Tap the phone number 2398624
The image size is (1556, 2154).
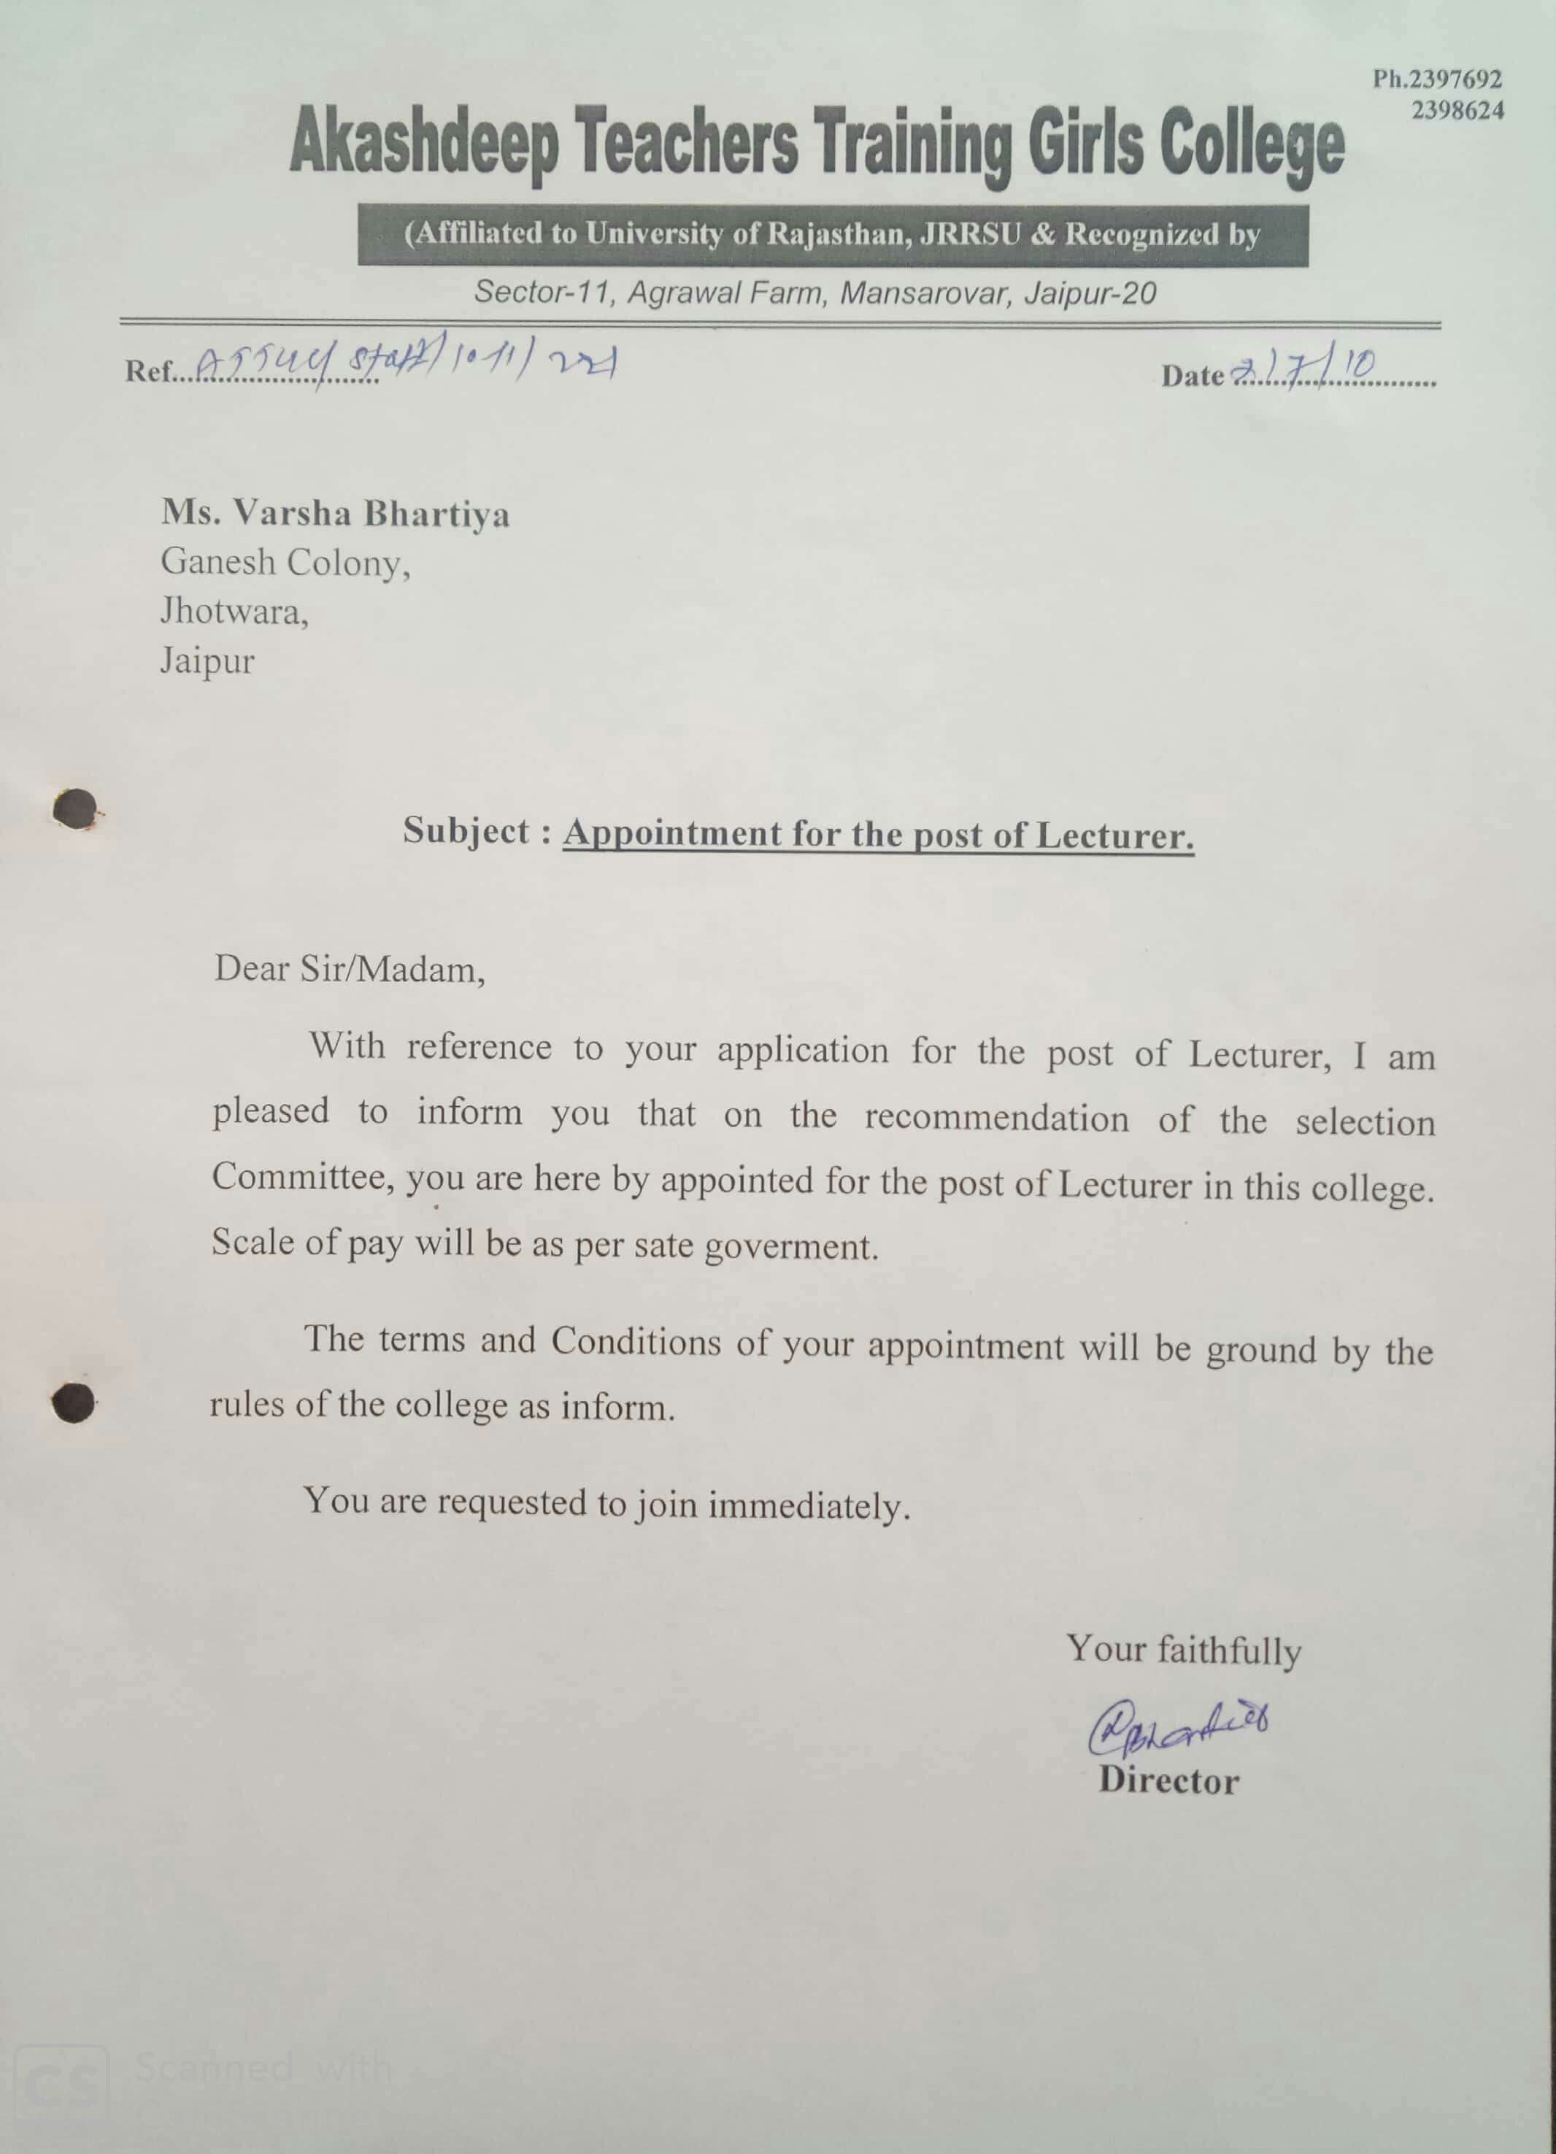[1457, 111]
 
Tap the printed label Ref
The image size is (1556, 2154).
[148, 371]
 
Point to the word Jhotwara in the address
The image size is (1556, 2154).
[234, 611]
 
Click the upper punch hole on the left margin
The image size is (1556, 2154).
[76, 810]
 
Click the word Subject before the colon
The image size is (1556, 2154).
[466, 831]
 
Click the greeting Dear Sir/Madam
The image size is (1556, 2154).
[350, 970]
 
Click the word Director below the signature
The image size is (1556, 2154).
[1168, 1780]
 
